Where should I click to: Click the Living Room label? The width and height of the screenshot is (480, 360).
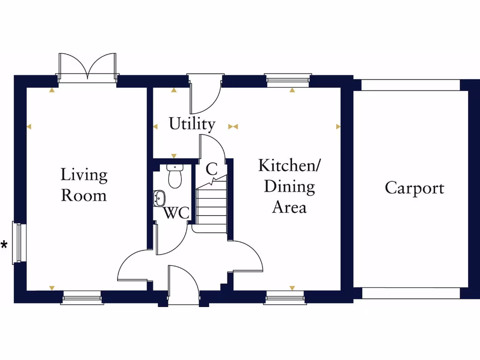(84, 185)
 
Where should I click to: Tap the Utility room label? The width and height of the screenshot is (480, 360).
(192, 124)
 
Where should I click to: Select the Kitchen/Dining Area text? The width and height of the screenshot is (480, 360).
(289, 186)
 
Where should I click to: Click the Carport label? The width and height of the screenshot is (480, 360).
(414, 188)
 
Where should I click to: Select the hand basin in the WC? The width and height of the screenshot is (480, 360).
(159, 198)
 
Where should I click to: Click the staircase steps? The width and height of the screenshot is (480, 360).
(211, 206)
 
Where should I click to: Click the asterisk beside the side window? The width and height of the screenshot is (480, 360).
(4, 245)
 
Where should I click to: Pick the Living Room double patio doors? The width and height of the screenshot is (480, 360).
(87, 68)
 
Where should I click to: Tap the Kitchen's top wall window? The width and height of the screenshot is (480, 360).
(288, 80)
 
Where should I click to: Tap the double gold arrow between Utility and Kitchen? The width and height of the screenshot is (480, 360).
(233, 127)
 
